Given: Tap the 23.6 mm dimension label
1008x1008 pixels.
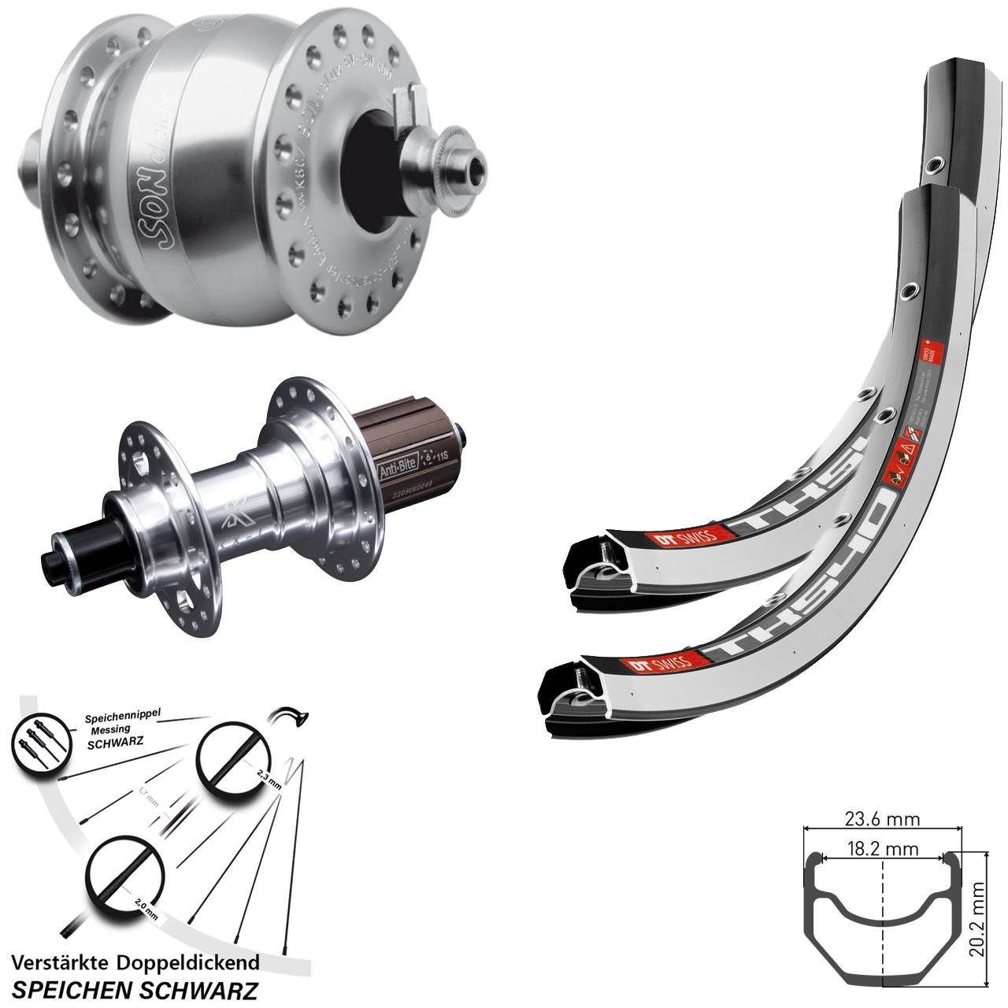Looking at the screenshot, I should (x=883, y=820).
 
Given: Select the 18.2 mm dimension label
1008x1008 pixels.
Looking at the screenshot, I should (x=883, y=849).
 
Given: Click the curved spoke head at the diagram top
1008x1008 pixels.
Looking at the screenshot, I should (x=292, y=714).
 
